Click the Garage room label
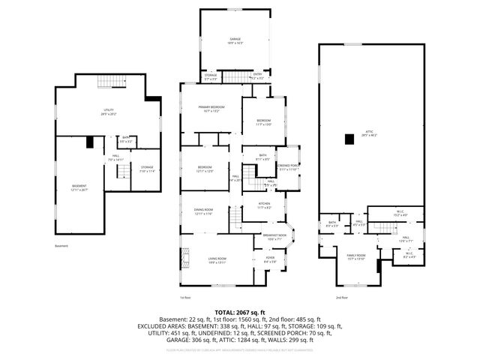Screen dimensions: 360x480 pos(235,40)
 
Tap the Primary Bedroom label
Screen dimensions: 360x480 pos(209,109)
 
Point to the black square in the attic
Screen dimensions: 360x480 pos(349,139)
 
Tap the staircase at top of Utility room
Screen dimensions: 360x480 pos(109,82)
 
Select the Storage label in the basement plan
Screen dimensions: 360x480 pos(146,169)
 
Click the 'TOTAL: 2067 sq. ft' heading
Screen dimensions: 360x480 pos(240,312)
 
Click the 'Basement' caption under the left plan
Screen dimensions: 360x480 pos(61,246)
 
